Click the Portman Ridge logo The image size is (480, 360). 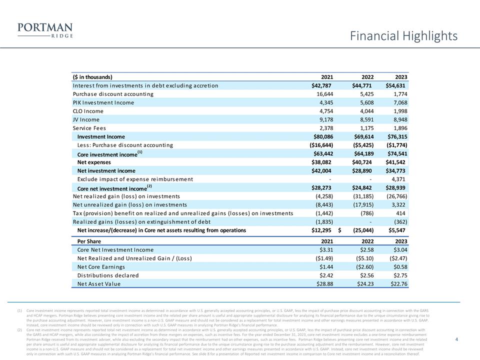click(x=44, y=30)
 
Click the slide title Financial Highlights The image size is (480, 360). click(x=403, y=36)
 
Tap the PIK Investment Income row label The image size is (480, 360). click(x=103, y=102)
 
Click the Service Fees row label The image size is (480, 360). click(x=89, y=128)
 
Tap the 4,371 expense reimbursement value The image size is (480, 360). click(x=399, y=179)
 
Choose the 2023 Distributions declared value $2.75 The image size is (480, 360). click(x=399, y=275)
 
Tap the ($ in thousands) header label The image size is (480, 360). click(x=92, y=77)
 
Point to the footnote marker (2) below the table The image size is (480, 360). click(x=19, y=330)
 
